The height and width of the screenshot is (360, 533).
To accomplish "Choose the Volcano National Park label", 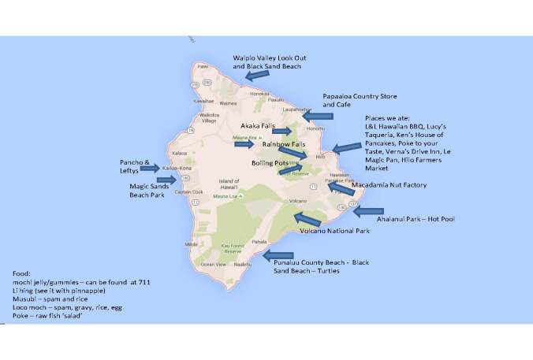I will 340,231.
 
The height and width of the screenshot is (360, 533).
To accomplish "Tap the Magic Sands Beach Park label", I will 147,190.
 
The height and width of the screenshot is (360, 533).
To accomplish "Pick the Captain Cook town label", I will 188,191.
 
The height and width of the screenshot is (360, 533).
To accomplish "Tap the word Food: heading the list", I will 13,273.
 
